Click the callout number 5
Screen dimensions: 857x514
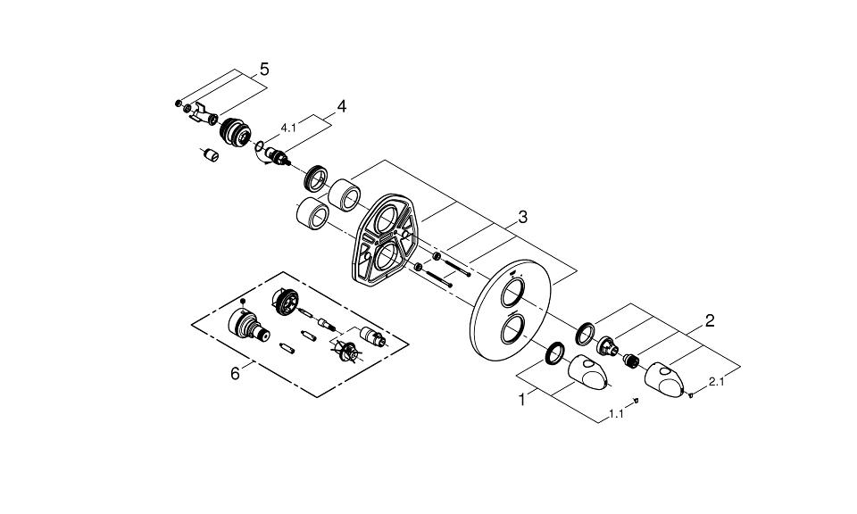point(264,70)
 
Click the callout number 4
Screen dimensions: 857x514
point(342,106)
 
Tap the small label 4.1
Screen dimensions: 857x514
point(288,128)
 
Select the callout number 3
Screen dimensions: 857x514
point(523,217)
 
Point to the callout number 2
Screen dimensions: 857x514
point(710,320)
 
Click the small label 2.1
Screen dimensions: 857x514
point(717,382)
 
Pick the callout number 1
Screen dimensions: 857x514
point(522,400)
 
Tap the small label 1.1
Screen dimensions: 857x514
point(616,414)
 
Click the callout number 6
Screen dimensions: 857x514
point(235,374)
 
